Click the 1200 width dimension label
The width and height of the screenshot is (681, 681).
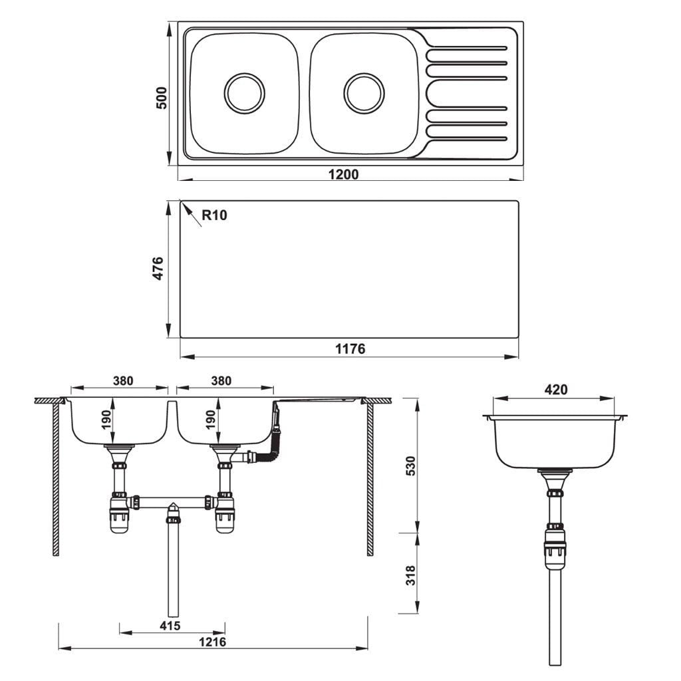click(344, 174)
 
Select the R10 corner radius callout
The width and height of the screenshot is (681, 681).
click(214, 215)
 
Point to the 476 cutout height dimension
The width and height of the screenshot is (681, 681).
click(159, 269)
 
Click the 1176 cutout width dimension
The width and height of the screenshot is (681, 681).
click(349, 349)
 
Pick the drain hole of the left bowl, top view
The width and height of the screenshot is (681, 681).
click(244, 92)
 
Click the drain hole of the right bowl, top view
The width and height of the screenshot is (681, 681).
click(364, 92)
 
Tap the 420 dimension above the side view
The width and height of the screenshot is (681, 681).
click(555, 390)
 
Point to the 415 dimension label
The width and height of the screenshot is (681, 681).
click(170, 626)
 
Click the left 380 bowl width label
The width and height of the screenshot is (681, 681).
click(123, 381)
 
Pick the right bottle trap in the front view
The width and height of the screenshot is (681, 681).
click(225, 516)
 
